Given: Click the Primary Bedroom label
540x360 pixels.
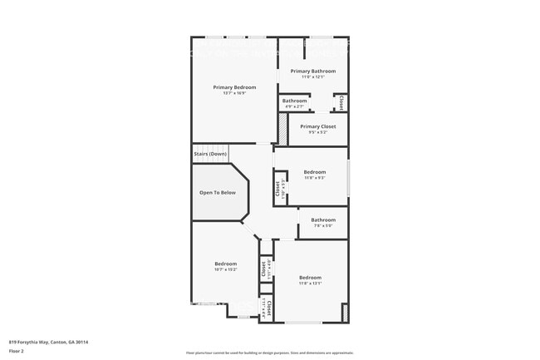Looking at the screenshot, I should click(234, 87).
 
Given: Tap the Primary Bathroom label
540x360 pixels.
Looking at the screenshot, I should click(312, 72).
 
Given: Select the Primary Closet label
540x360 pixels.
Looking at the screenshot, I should click(317, 126).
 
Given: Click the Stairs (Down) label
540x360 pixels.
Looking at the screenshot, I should click(210, 154).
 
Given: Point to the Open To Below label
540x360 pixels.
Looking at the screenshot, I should click(218, 192).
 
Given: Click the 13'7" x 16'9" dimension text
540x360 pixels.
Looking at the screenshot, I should click(234, 93).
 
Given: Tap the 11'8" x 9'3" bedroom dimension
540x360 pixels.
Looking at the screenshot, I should click(314, 177).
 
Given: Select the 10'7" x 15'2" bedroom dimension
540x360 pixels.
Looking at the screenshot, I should click(226, 269).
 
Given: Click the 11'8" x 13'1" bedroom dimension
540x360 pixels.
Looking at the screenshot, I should click(310, 283).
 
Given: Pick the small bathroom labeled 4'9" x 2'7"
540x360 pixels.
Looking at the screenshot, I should click(295, 103).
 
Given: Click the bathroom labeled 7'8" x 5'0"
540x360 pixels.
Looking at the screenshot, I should click(322, 222).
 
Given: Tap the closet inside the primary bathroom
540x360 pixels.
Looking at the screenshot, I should click(341, 102).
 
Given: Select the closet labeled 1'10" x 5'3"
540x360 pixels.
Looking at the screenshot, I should click(278, 189).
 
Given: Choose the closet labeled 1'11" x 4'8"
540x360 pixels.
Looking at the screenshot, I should click(265, 269).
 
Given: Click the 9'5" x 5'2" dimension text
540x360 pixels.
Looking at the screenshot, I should click(317, 132).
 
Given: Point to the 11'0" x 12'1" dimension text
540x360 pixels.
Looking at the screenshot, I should click(312, 77).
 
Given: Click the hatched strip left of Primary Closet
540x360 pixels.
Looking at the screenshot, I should click(282, 130).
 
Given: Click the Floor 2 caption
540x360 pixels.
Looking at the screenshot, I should click(17, 351).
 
